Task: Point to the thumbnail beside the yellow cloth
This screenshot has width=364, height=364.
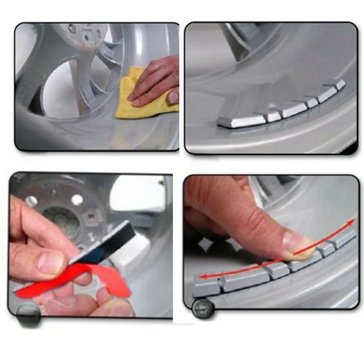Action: pos(174,97)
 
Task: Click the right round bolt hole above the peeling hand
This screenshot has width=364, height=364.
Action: pos(77,199)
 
